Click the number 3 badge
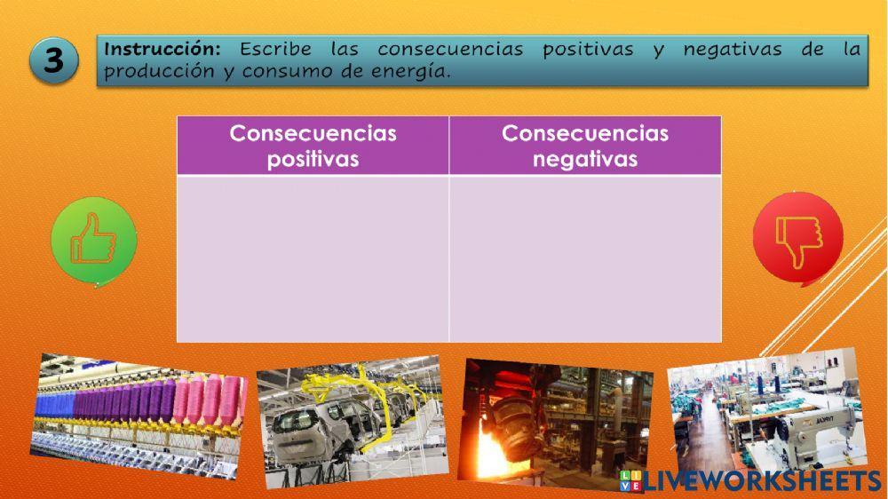(x=54, y=61)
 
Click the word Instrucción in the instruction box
(x=161, y=50)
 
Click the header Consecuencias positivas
(x=313, y=146)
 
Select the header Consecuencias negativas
(x=585, y=146)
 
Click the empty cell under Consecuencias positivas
(x=313, y=257)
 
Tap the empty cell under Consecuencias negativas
(x=585, y=257)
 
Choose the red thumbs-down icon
(x=797, y=238)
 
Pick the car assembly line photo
(x=350, y=422)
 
